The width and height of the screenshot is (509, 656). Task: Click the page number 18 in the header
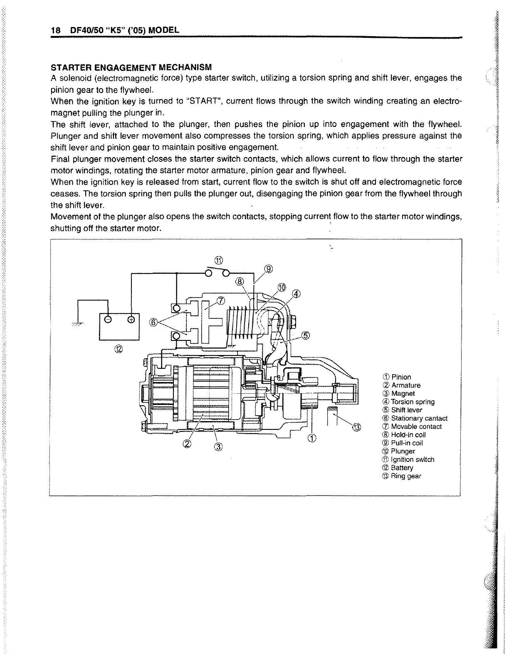click(55, 31)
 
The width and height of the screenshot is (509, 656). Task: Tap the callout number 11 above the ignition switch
click(219, 261)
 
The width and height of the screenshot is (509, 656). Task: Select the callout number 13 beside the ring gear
click(357, 427)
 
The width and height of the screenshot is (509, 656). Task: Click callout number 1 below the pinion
click(312, 437)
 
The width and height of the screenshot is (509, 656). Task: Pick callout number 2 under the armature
click(187, 444)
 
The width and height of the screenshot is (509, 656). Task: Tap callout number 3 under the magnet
click(219, 447)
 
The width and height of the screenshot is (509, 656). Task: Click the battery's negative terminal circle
click(108, 320)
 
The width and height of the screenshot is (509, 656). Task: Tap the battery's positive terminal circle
click(131, 320)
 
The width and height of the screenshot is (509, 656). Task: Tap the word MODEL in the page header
click(164, 31)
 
